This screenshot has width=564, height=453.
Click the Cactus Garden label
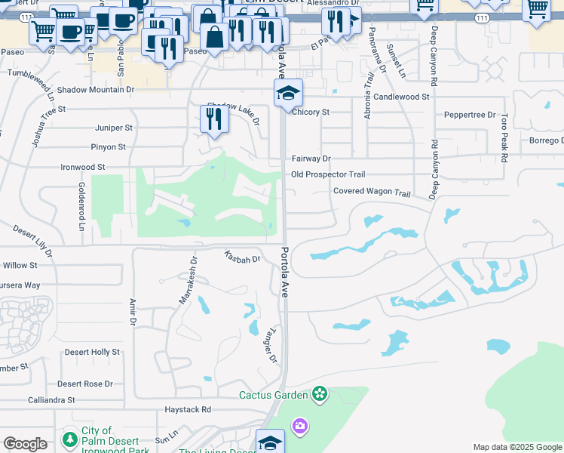[x=273, y=395]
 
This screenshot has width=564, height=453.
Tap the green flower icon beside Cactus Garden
[x=320, y=393]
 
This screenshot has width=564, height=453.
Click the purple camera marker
[x=300, y=427]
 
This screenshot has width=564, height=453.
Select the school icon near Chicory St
[x=288, y=94]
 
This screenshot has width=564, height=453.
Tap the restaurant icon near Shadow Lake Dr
[x=215, y=119]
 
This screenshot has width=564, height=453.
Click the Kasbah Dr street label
[x=242, y=257]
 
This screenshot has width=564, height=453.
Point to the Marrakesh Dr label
[x=188, y=280]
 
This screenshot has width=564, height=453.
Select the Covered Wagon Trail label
[x=372, y=192]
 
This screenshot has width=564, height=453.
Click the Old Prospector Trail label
[x=328, y=174]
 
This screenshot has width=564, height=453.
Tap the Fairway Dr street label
[x=311, y=159]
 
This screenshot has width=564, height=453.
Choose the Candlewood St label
[x=400, y=97]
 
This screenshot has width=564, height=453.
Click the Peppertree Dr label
[x=469, y=115]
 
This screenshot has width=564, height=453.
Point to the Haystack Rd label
[x=188, y=409]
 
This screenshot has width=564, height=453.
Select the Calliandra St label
[x=51, y=399]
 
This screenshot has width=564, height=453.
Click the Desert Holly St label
[x=92, y=352]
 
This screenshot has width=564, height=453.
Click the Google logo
[x=25, y=444]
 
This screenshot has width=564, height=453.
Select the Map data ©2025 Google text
[x=516, y=447]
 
